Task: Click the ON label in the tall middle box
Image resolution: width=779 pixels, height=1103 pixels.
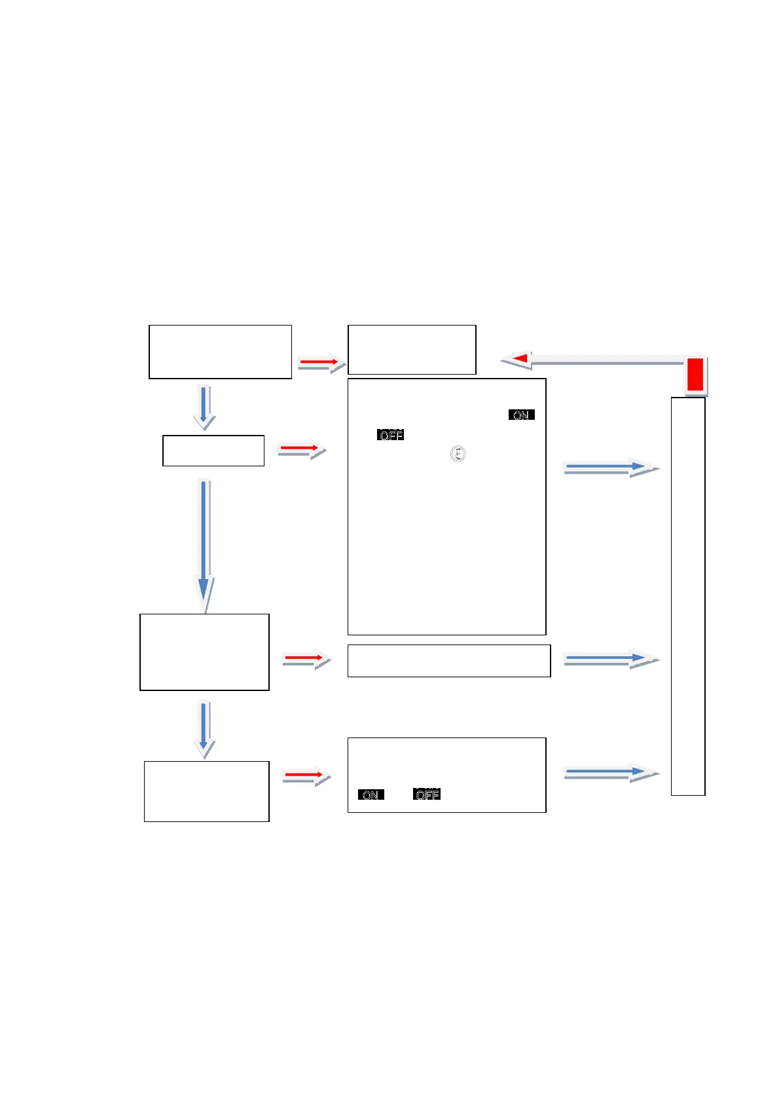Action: tap(521, 415)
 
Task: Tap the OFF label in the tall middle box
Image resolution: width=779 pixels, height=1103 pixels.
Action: tap(390, 435)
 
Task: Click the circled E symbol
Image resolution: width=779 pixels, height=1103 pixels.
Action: tap(458, 453)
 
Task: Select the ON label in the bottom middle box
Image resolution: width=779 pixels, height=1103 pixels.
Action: tap(371, 795)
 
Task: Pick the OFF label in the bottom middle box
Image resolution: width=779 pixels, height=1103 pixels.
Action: tap(427, 795)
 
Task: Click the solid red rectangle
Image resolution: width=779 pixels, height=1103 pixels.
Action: tap(695, 375)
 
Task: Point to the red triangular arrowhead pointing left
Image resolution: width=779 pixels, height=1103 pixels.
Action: tap(520, 358)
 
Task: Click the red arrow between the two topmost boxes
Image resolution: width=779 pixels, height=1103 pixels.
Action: tap(320, 362)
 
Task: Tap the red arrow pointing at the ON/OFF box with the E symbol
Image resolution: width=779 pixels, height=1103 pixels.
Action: tap(300, 449)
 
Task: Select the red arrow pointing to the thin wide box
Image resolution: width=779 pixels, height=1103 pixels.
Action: tap(305, 658)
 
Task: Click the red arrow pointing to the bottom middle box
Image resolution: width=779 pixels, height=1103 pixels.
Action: tap(305, 776)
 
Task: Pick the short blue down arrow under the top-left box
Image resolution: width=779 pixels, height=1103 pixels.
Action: tap(204, 407)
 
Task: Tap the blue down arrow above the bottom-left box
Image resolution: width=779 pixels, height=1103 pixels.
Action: tap(204, 728)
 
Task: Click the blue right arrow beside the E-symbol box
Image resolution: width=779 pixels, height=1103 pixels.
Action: tap(608, 467)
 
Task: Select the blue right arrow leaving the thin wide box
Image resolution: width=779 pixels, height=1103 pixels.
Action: tap(608, 659)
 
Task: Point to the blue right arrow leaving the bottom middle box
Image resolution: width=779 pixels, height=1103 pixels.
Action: tap(608, 773)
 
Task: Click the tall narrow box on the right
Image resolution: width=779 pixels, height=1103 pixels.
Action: tap(688, 596)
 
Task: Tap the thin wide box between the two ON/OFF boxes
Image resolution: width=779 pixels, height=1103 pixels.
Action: tap(448, 660)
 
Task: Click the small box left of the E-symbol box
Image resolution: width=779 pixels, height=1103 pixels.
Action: tap(213, 451)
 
